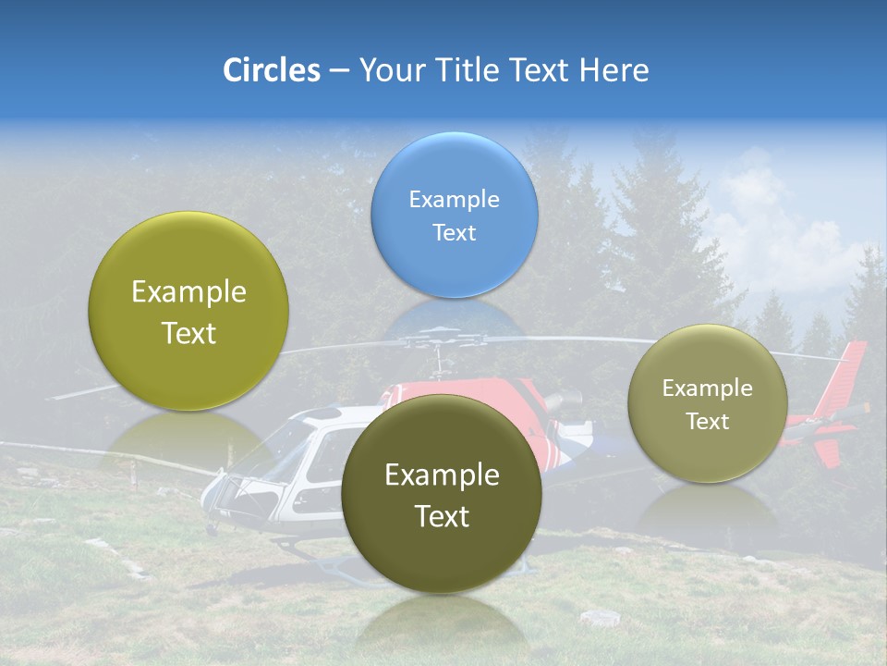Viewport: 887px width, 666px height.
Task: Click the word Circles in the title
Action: pyautogui.click(x=272, y=70)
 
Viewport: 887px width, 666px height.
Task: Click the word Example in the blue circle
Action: pyautogui.click(x=454, y=200)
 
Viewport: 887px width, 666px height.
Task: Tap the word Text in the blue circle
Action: pyautogui.click(x=454, y=233)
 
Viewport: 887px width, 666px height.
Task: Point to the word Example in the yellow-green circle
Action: pyautogui.click(x=188, y=292)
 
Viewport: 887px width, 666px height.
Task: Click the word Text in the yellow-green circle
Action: pyautogui.click(x=188, y=334)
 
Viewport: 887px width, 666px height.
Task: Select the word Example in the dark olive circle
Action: pyautogui.click(x=442, y=475)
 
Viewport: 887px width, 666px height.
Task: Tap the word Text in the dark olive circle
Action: pyautogui.click(x=442, y=517)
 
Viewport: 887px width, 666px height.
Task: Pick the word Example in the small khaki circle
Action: pyautogui.click(x=707, y=388)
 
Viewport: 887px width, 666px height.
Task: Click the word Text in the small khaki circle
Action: pyautogui.click(x=707, y=422)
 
